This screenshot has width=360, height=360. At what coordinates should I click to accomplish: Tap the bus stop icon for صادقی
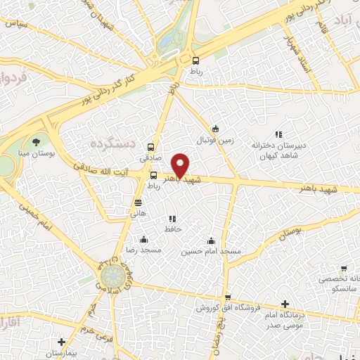[x=150, y=148]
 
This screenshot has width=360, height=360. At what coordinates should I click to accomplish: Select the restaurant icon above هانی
[x=139, y=202]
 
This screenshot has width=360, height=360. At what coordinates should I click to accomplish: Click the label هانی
[x=139, y=212]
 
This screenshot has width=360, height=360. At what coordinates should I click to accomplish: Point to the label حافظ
[x=174, y=229]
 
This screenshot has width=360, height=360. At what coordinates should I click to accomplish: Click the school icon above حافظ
[x=174, y=219]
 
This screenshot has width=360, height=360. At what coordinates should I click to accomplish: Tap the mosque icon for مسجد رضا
[x=144, y=239]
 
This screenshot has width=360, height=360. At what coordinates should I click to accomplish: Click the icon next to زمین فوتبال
[x=215, y=129]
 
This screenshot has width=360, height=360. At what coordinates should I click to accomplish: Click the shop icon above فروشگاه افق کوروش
[x=226, y=298]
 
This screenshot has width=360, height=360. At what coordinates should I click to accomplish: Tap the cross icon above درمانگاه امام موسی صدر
[x=284, y=304]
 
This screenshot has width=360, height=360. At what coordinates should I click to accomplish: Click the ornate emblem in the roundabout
[x=110, y=278]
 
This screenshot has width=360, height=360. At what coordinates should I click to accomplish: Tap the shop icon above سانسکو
[x=343, y=268]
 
